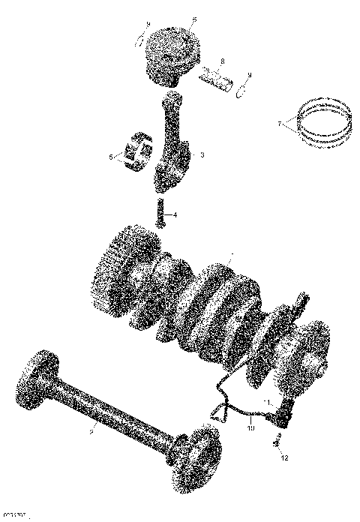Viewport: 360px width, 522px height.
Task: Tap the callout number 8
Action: tap(222, 61)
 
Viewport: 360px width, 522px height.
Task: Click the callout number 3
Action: tap(202, 154)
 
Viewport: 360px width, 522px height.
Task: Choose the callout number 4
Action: tap(175, 215)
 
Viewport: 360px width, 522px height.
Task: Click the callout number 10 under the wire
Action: tap(251, 429)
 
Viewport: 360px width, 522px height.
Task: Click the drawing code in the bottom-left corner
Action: tap(14, 517)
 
